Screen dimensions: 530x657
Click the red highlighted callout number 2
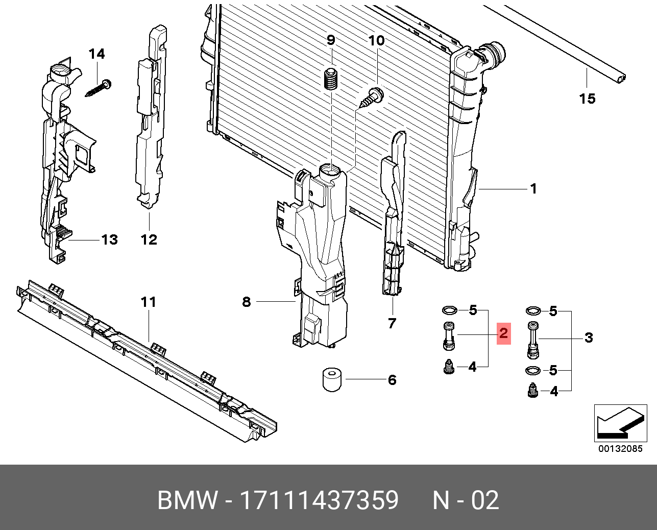coord(503,334)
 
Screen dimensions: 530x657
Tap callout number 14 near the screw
coord(96,54)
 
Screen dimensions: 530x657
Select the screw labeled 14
coord(99,88)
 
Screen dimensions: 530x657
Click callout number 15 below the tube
coord(587,99)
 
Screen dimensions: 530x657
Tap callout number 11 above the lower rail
coord(148,302)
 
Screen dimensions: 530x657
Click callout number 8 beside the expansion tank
coord(247,302)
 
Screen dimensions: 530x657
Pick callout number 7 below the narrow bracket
coord(392,323)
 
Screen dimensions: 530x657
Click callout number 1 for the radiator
coord(533,189)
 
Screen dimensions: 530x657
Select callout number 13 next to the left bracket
coord(109,239)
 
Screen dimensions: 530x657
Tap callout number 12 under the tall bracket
coord(149,239)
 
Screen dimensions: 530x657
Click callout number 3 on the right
coord(589,338)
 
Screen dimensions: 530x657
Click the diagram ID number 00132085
coord(620,449)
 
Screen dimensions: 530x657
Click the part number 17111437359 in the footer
coord(319,500)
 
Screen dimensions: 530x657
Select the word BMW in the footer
coord(187,500)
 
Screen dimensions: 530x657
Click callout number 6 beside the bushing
coord(392,380)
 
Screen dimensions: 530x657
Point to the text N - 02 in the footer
coord(466,500)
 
